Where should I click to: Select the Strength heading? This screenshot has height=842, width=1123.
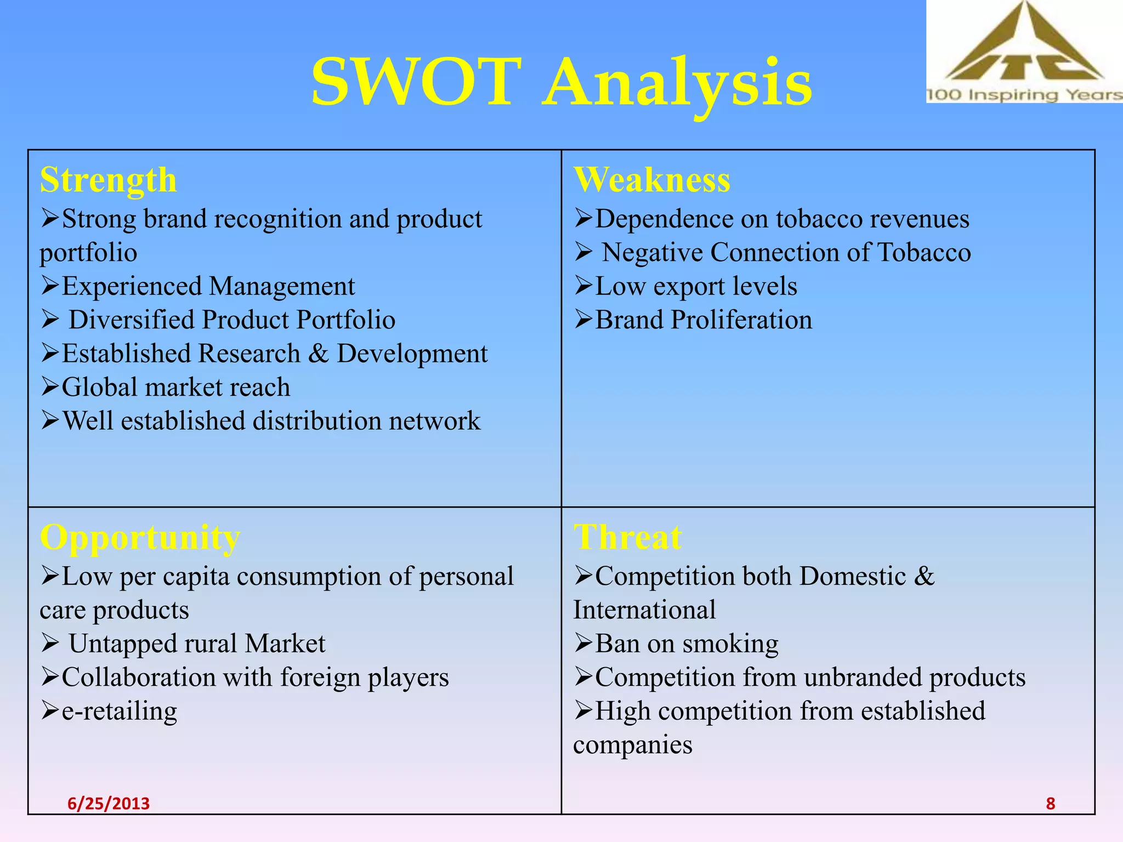tap(108, 180)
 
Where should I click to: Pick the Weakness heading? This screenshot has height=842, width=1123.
tap(652, 179)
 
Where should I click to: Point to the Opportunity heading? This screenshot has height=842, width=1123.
tap(140, 537)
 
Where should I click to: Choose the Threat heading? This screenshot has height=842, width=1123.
tap(628, 537)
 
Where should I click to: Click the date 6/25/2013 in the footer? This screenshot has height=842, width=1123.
tap(109, 803)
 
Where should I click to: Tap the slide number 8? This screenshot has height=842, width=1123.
tap(1050, 803)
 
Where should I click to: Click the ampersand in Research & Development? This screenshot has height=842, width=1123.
tap(318, 354)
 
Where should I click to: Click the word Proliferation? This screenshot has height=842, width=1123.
tap(741, 320)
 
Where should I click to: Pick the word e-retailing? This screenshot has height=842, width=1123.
tap(119, 711)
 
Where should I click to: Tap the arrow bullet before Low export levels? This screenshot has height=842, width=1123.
tap(583, 286)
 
